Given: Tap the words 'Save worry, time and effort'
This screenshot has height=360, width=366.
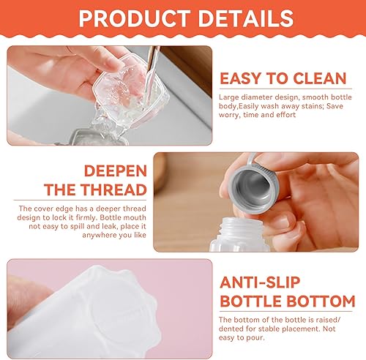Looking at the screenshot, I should [x=270, y=115].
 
